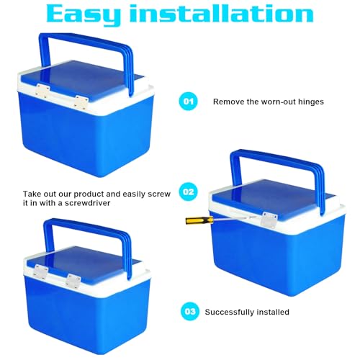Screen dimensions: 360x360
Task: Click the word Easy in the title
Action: pos(84,14)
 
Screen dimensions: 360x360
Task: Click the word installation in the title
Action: pos(221,13)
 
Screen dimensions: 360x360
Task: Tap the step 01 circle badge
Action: pos(189,102)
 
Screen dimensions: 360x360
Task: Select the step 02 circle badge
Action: pos(188,192)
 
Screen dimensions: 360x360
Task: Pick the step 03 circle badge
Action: pos(190,312)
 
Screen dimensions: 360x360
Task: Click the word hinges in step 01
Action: pos(311,102)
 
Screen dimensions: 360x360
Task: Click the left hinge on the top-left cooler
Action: pos(42,91)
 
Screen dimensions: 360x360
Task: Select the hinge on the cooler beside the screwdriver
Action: pos(270,220)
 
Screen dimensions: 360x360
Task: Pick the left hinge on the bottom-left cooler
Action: pos(40,271)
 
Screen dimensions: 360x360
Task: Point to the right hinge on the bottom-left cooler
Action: pos(73,280)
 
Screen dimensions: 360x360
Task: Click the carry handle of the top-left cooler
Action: pos(85,41)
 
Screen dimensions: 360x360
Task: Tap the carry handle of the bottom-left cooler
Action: pos(88,225)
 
